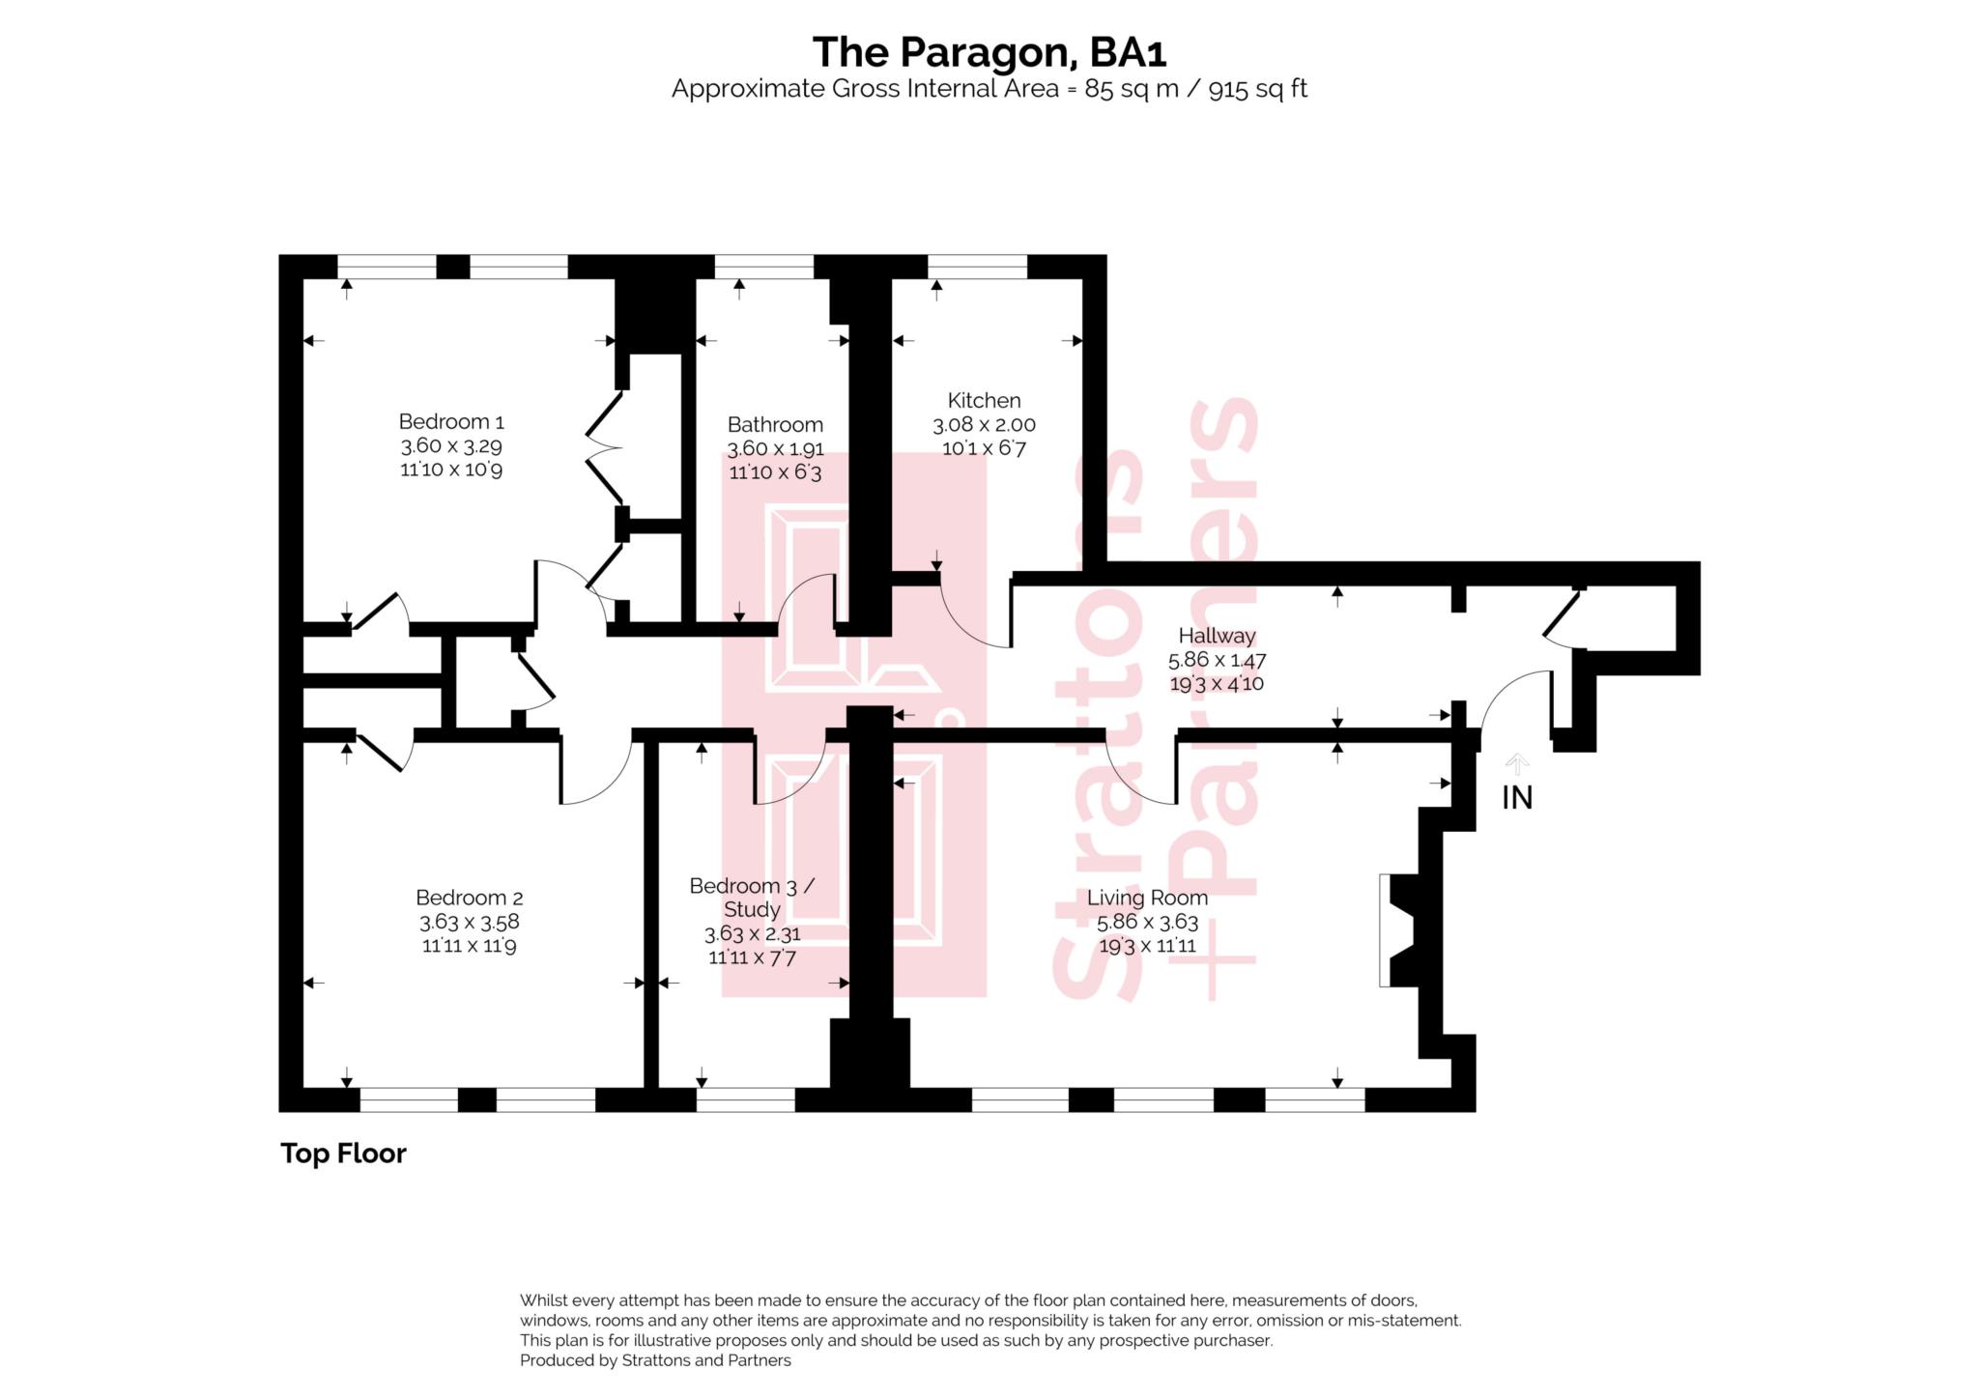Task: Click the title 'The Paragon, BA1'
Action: (989, 52)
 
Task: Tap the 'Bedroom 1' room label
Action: (451, 422)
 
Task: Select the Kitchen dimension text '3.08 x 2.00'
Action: (984, 424)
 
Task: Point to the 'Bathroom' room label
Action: (775, 424)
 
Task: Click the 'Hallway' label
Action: (1217, 636)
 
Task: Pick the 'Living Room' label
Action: (1147, 898)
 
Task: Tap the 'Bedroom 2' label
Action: (470, 898)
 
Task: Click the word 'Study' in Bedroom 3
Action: (752, 910)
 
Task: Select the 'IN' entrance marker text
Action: (1517, 798)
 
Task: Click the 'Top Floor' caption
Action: (343, 1154)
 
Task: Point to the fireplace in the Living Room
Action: (1398, 930)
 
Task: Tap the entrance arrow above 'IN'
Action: (1517, 764)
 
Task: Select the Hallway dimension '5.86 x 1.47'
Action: (1217, 661)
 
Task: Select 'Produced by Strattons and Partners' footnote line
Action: (655, 1361)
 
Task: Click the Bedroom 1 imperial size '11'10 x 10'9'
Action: (451, 470)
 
